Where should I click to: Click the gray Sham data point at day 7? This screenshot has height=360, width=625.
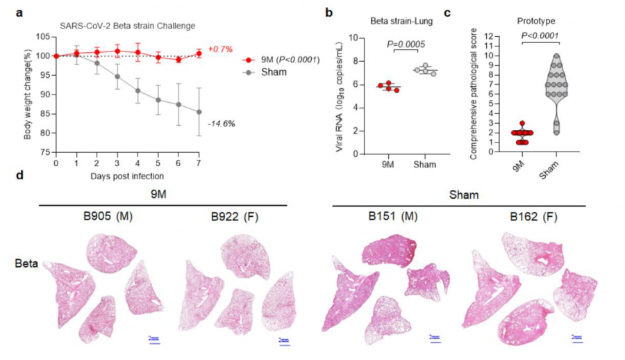tap(199, 112)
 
